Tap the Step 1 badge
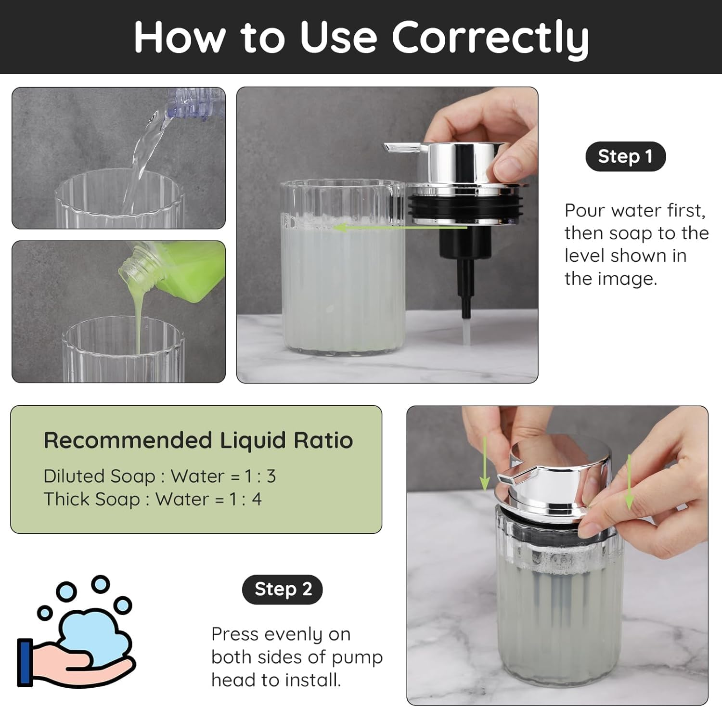[625, 156]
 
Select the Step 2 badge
[283, 589]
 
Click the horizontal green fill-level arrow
[400, 227]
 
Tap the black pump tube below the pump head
[465, 284]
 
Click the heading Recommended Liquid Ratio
[198, 440]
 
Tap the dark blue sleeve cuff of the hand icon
[25, 662]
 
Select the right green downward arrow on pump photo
[629, 481]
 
